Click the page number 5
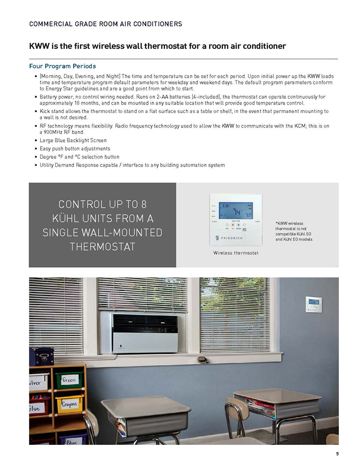337,454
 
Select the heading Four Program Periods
63,66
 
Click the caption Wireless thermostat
236,253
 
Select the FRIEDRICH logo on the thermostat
229,238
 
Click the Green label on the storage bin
69,380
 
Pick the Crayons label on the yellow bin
69,404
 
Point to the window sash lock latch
203,360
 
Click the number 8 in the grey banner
144,204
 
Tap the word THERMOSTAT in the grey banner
102,246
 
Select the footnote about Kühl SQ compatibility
294,231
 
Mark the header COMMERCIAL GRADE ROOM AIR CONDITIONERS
106,24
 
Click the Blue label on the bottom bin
71,442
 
